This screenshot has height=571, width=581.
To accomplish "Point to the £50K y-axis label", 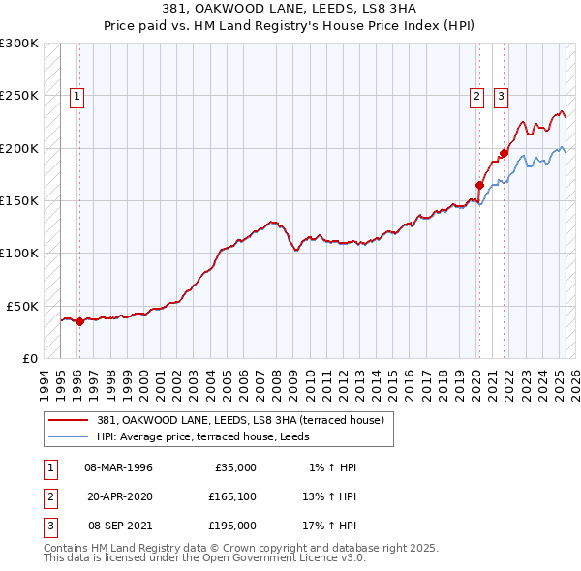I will pyautogui.click(x=21, y=306).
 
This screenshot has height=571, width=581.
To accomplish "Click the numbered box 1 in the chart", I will pyautogui.click(x=76, y=96).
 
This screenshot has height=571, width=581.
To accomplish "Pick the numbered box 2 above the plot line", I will pyautogui.click(x=477, y=96).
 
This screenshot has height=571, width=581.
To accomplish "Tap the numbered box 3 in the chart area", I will pyautogui.click(x=501, y=96).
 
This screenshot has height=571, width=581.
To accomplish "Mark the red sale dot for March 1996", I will pyautogui.click(x=79, y=322).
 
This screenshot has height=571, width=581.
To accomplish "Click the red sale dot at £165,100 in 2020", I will pyautogui.click(x=479, y=185).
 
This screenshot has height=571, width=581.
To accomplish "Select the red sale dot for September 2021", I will pyautogui.click(x=504, y=153).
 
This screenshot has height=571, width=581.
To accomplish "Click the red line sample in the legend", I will pyautogui.click(x=68, y=420).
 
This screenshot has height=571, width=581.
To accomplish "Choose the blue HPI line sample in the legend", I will pyautogui.click(x=68, y=436).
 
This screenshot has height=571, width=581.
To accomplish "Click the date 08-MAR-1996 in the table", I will pyautogui.click(x=118, y=467).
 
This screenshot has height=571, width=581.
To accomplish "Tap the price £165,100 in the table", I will pyautogui.click(x=232, y=496).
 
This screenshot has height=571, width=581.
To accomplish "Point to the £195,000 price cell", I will pyautogui.click(x=232, y=526).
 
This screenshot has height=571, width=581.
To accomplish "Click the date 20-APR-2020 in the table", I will pyautogui.click(x=118, y=496).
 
